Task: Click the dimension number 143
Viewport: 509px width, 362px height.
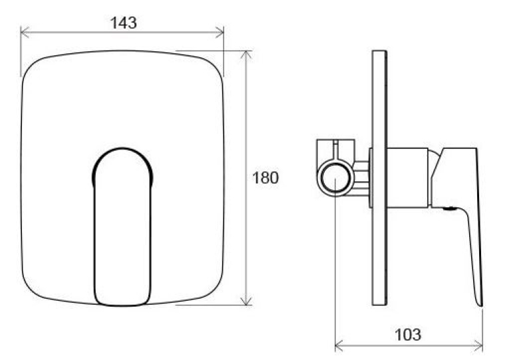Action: pyautogui.click(x=123, y=23)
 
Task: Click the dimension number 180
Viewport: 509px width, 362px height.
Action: pyautogui.click(x=265, y=178)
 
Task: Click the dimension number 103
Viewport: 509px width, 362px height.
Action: pyautogui.click(x=408, y=335)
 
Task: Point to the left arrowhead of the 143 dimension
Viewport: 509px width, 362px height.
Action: pyautogui.click(x=25, y=33)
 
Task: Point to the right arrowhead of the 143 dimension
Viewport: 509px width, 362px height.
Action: pyautogui.click(x=220, y=33)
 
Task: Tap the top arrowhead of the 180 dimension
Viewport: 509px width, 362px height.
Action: pyautogui.click(x=247, y=55)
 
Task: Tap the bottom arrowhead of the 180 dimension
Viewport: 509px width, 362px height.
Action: pyautogui.click(x=247, y=300)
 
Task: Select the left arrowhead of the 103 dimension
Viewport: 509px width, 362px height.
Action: pyautogui.click(x=339, y=346)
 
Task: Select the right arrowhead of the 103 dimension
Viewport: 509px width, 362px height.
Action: pyautogui.click(x=478, y=346)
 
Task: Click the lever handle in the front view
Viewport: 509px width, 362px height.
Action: pyautogui.click(x=122, y=227)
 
